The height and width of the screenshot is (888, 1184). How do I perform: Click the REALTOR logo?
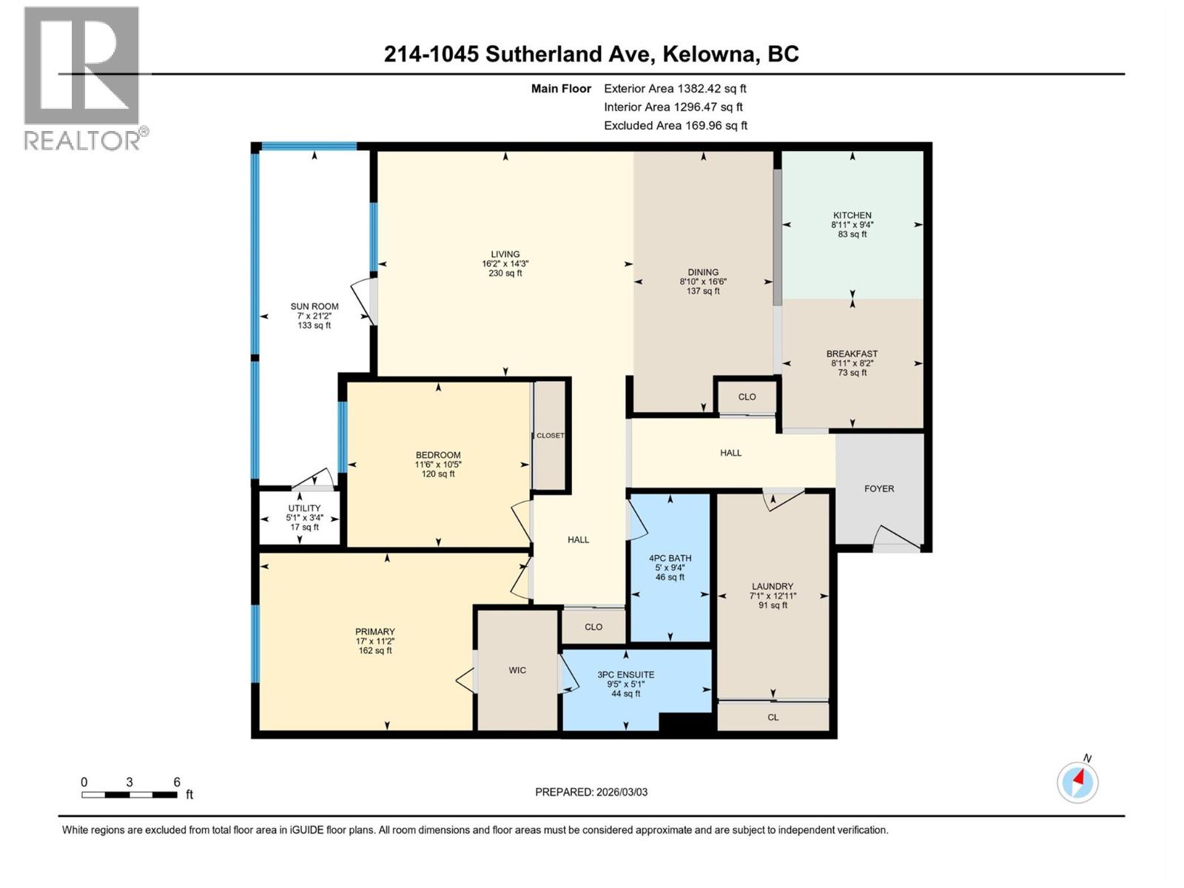click(82, 78)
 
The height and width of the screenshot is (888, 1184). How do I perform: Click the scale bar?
click(129, 795)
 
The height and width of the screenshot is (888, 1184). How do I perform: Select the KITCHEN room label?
click(852, 215)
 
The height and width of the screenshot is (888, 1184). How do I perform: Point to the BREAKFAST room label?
click(852, 354)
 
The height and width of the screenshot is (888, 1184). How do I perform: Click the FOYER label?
click(879, 488)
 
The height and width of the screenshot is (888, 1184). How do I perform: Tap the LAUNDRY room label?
click(773, 586)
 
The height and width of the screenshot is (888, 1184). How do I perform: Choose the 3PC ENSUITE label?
click(626, 675)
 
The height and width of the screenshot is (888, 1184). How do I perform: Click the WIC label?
click(517, 670)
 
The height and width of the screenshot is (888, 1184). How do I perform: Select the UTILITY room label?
click(304, 508)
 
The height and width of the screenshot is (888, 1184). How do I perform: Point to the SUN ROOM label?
click(314, 306)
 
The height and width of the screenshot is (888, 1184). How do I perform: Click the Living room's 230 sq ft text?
click(505, 273)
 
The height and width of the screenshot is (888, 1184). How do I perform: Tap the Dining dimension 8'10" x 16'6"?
click(703, 282)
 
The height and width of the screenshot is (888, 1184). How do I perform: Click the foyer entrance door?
click(896, 539)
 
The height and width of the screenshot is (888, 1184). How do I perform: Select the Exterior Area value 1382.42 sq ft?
click(712, 89)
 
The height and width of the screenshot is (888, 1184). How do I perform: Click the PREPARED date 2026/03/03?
click(621, 792)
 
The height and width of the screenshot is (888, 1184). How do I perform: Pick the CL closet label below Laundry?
click(773, 717)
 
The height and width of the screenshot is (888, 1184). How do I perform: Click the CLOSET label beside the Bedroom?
click(550, 435)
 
